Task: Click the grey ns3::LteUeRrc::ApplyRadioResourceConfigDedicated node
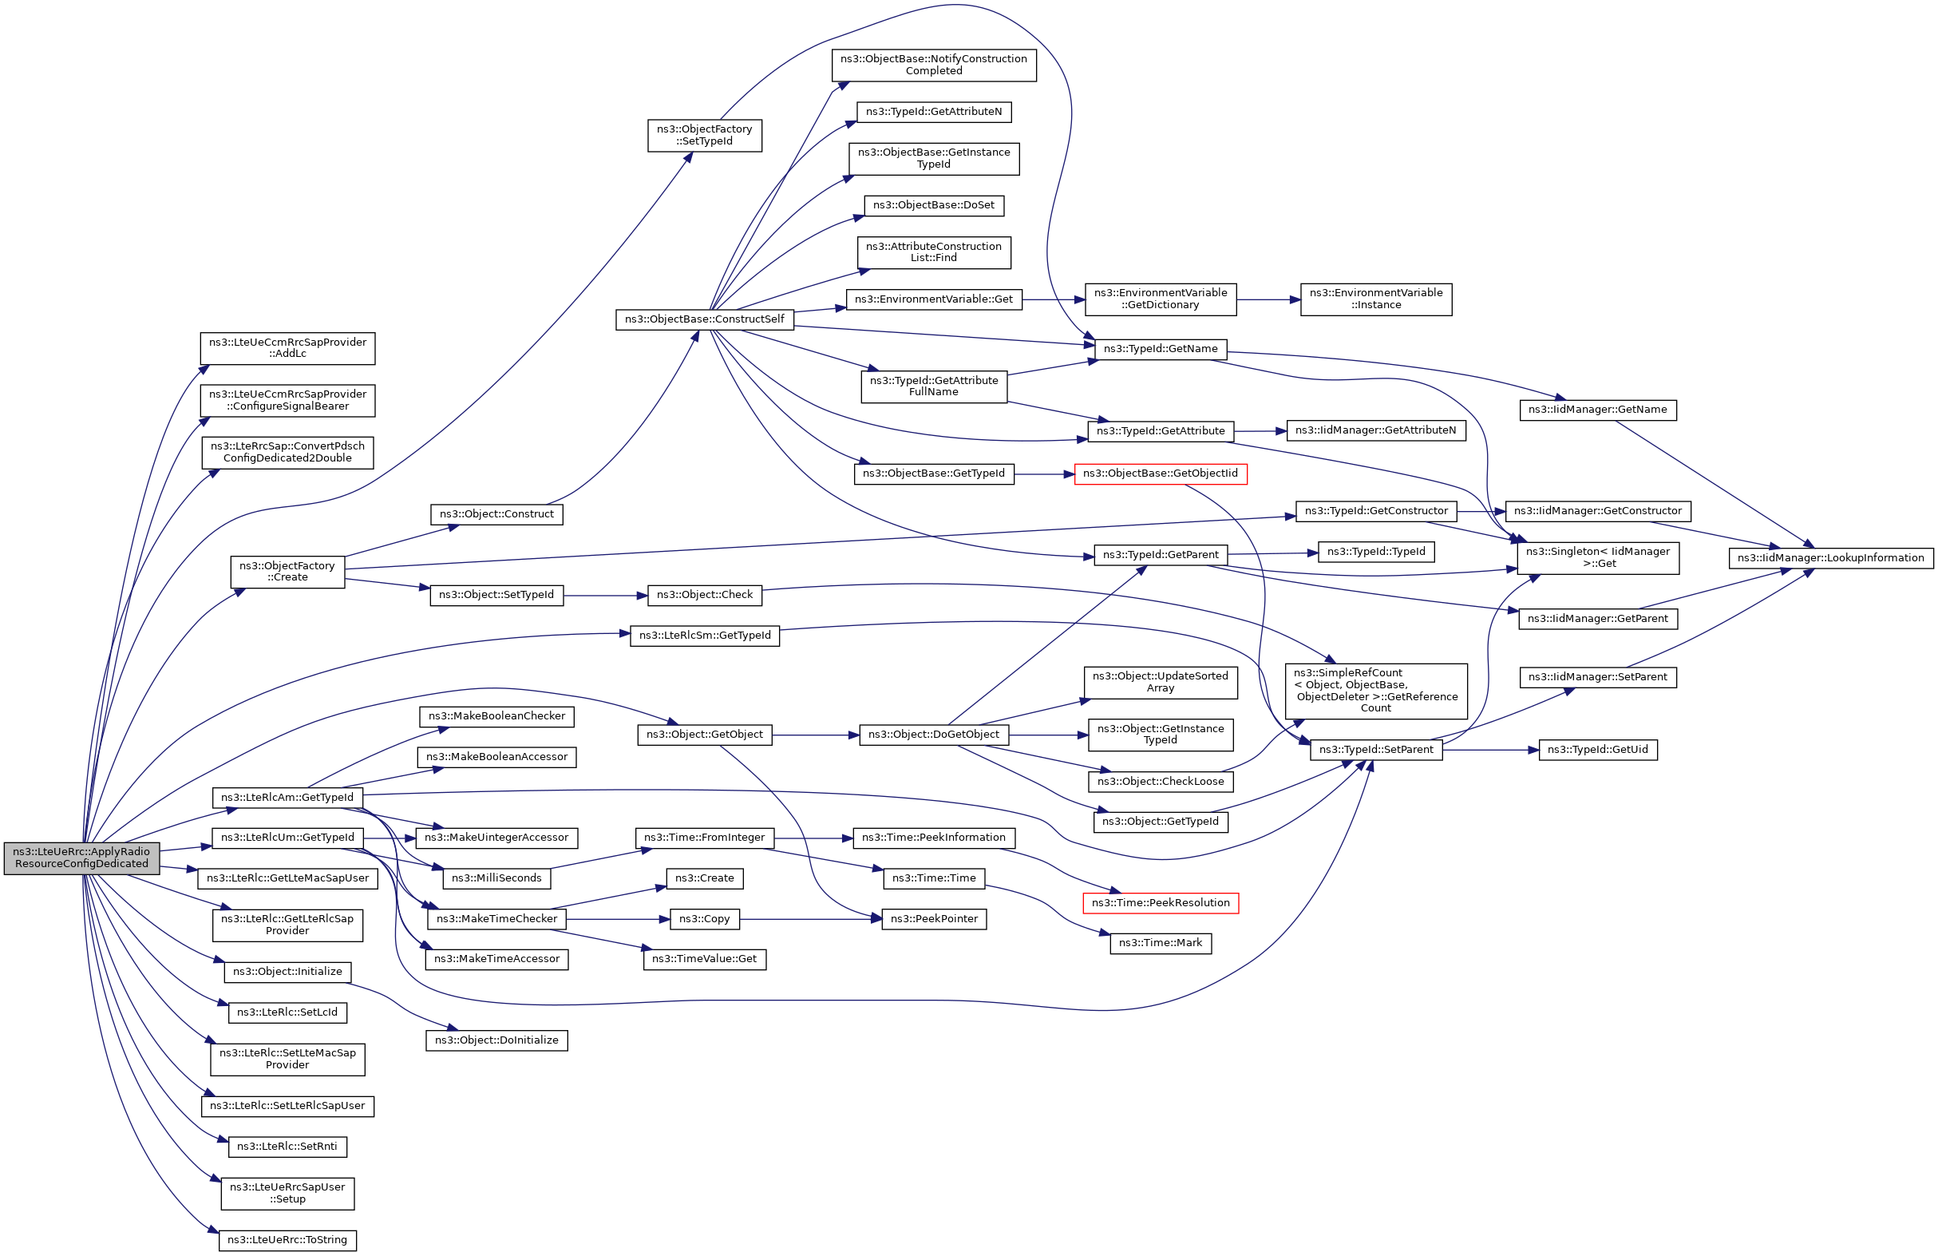[81, 858]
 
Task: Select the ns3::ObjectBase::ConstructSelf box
[704, 319]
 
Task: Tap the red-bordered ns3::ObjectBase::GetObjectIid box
[1160, 473]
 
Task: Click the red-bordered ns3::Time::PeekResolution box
[1160, 902]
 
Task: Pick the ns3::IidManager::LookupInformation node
[1830, 558]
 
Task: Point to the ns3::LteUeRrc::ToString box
[287, 1240]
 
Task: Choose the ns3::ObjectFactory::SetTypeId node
[704, 135]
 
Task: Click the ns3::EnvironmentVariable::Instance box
[1375, 299]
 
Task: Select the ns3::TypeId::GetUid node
[1597, 749]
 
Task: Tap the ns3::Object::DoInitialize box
[496, 1040]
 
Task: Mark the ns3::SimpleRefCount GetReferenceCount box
[1375, 691]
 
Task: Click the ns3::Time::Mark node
[1160, 942]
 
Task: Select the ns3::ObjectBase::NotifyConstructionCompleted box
[933, 65]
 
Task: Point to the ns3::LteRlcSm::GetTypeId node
[704, 636]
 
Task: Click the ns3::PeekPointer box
[933, 919]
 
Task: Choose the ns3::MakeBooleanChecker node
[496, 716]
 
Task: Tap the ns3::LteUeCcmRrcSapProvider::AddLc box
[287, 348]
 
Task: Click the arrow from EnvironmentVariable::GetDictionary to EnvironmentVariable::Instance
[1268, 299]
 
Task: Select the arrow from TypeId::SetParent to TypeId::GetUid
[1490, 749]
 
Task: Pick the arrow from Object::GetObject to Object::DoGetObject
[815, 735]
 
